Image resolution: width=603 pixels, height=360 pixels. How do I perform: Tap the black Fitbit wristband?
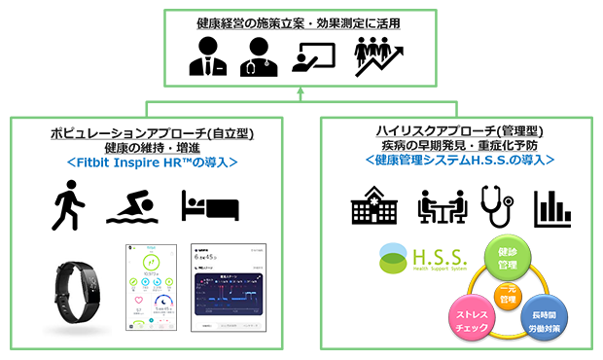82,291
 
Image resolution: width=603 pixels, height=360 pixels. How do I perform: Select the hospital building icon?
372,206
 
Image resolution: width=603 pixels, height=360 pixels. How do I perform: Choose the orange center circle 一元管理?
505,296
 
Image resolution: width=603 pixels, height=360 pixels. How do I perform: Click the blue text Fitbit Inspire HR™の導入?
150,162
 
